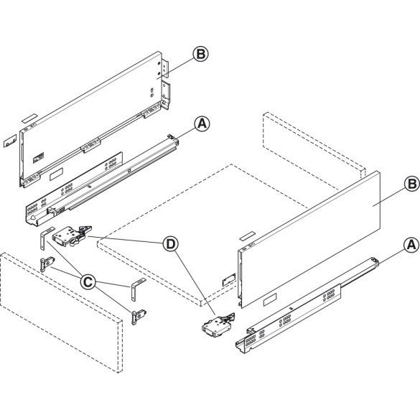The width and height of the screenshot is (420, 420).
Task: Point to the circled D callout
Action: pos(170,244)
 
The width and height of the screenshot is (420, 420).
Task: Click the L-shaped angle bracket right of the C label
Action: pos(136,289)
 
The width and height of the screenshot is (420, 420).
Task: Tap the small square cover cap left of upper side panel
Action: pos(9,141)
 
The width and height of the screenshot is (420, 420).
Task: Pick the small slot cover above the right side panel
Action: pos(246,235)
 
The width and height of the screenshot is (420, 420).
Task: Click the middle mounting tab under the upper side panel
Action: pos(90,146)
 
